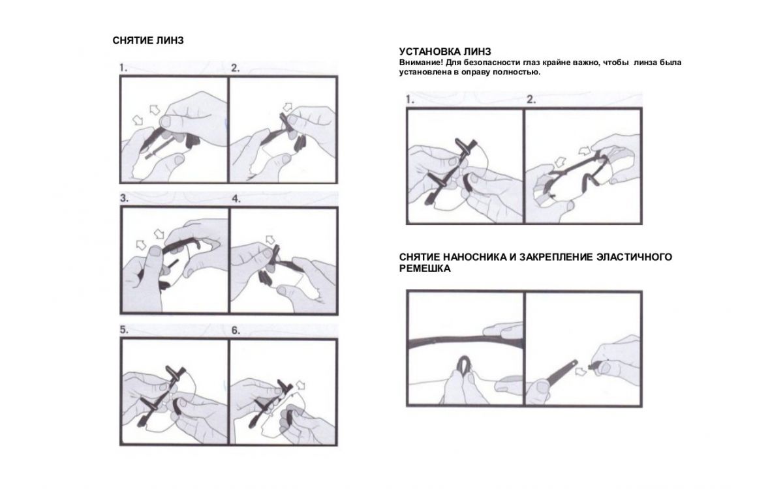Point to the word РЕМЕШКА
point(425,269)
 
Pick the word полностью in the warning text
point(521,72)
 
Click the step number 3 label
point(124,198)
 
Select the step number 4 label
point(236,199)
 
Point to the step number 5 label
point(124,330)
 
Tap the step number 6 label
point(236,331)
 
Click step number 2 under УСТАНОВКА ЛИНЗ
point(531,100)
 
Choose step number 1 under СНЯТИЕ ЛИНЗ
point(123,68)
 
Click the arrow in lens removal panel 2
point(287,106)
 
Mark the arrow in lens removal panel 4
point(271,239)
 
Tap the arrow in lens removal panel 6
point(301,385)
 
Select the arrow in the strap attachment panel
point(581,371)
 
